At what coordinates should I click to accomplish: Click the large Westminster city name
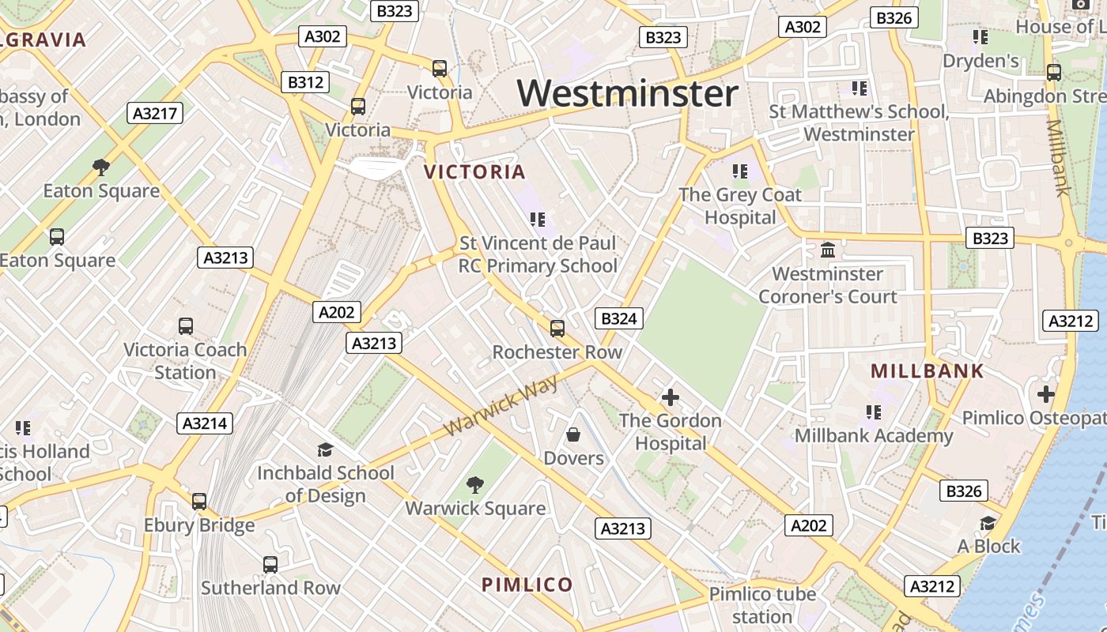(x=628, y=94)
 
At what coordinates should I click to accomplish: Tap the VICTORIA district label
(x=474, y=172)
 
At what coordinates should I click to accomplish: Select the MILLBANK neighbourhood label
(x=927, y=371)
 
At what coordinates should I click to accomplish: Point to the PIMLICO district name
(x=527, y=585)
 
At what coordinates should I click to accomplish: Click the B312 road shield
(x=305, y=82)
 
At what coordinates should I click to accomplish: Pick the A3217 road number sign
(x=155, y=113)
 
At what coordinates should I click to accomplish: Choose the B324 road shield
(x=618, y=318)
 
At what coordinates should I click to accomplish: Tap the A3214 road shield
(x=205, y=423)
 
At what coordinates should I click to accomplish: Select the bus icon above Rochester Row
(x=557, y=328)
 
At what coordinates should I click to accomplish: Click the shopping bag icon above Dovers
(x=573, y=434)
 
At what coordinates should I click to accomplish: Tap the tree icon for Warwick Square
(x=475, y=484)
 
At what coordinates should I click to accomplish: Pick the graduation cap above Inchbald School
(x=325, y=450)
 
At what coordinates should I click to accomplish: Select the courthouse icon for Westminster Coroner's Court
(x=828, y=250)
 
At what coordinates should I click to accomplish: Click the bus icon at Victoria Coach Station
(x=186, y=325)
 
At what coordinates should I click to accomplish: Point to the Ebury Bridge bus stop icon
(x=199, y=501)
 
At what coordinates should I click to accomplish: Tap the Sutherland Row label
(x=270, y=588)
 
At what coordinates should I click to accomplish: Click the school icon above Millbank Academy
(x=873, y=412)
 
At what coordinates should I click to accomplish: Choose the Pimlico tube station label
(x=761, y=605)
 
